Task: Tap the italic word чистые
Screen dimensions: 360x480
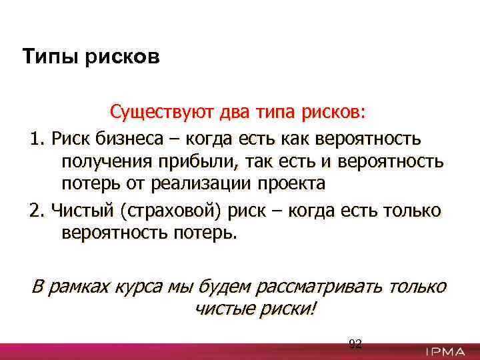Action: (x=225, y=309)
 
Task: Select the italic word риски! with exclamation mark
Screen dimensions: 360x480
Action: (x=291, y=309)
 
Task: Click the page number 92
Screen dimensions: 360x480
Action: (x=355, y=344)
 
